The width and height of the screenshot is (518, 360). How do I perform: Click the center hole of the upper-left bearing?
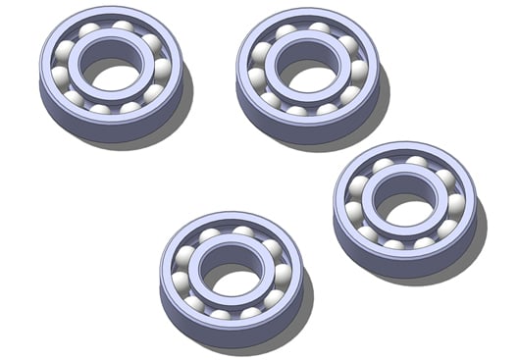coord(111,72)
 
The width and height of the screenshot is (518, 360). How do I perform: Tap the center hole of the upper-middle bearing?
coord(307,72)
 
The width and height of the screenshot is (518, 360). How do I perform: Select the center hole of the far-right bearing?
coord(404,206)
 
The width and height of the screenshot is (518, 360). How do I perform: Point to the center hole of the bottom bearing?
coord(232,277)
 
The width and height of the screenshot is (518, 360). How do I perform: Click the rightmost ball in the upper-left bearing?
coord(162,69)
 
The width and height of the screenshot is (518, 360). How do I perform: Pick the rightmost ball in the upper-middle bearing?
coord(358,70)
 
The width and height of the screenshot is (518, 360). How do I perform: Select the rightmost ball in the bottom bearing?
coord(283,275)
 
